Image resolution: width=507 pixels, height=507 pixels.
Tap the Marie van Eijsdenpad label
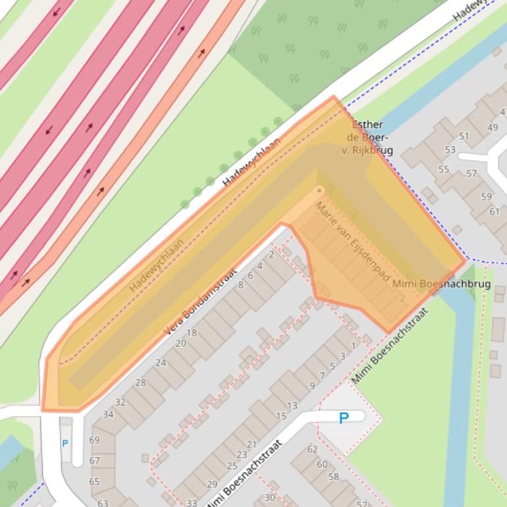coord(352,242)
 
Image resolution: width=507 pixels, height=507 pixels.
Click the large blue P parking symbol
coord(343,417)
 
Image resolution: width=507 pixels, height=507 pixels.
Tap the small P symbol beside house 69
coord(65,443)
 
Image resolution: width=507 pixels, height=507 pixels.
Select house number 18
coord(192,333)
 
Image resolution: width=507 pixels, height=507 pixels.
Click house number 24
coord(161,362)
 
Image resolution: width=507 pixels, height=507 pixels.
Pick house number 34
coord(108,414)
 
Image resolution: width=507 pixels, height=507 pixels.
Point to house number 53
coord(450,149)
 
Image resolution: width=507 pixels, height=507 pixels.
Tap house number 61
coord(494,211)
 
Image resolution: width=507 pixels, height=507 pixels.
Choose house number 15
coord(281,415)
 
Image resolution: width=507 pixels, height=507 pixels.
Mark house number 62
coord(312,449)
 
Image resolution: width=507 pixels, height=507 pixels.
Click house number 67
coord(94,460)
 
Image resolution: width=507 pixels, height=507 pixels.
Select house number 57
coord(471,174)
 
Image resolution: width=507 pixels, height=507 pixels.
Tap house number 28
coord(140,382)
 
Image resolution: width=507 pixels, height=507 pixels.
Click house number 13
coord(292,405)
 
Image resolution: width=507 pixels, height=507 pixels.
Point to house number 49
coord(493,127)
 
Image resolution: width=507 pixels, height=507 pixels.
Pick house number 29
coord(211,484)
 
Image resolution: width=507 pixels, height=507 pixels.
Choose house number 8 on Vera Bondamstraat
coord(240,284)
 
